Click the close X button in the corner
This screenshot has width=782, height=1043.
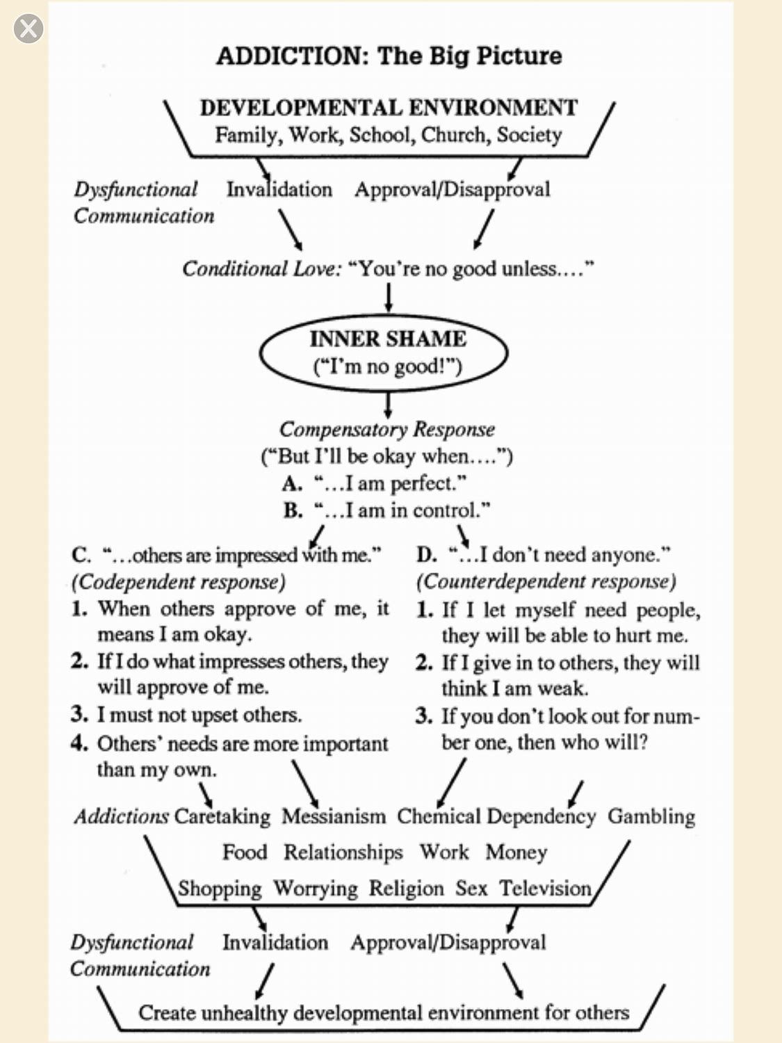[x=28, y=29]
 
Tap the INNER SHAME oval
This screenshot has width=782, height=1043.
[x=384, y=353]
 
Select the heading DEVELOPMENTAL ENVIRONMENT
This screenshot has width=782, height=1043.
[x=389, y=108]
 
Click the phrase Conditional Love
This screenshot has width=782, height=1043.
[x=261, y=269]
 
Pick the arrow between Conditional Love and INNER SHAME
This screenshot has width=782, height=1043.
[x=389, y=297]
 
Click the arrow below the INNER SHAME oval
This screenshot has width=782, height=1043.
[x=389, y=404]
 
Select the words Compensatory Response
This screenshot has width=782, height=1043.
[x=386, y=430]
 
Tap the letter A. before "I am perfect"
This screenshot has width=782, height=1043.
[x=292, y=483]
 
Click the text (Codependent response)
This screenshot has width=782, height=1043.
[x=179, y=582]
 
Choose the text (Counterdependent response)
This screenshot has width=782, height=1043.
[x=546, y=581]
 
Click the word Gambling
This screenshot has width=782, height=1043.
[x=651, y=816]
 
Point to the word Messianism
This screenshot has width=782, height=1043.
[x=333, y=816]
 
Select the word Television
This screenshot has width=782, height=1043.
[x=545, y=889]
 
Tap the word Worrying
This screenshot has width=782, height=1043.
[x=315, y=889]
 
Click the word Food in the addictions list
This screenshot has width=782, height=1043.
[x=244, y=852]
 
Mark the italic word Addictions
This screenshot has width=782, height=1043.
[x=121, y=816]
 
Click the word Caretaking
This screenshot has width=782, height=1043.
[x=222, y=816]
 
